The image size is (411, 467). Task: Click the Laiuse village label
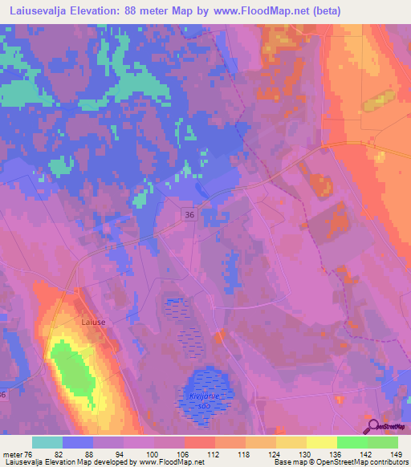click(x=94, y=322)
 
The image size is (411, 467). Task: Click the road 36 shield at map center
click(x=189, y=214)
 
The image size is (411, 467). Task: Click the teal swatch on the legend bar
click(x=47, y=442)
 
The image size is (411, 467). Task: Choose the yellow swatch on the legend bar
click(x=321, y=442)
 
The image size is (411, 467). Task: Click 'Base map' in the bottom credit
click(x=287, y=462)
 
